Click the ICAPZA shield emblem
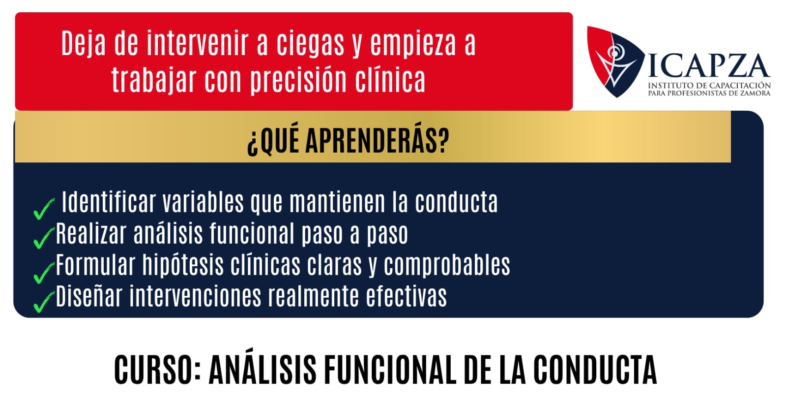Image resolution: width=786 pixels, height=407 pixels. pyautogui.click(x=615, y=62)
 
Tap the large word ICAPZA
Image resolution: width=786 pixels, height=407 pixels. pyautogui.click(x=709, y=65)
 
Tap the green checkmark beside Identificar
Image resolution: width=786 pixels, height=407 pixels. pyautogui.click(x=44, y=209)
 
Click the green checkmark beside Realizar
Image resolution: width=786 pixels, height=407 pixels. pyautogui.click(x=44, y=238)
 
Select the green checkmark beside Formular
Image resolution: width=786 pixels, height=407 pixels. pyautogui.click(x=44, y=273)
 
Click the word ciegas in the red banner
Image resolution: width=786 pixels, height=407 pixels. pyautogui.click(x=310, y=43)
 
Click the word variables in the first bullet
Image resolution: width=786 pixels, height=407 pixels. pyautogui.click(x=203, y=202)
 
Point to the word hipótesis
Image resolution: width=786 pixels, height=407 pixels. pyautogui.click(x=183, y=265)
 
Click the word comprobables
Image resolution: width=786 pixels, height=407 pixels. pyautogui.click(x=447, y=265)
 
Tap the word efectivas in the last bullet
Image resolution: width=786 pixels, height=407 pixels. pyautogui.click(x=407, y=296)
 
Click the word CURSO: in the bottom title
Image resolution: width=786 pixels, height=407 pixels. pyautogui.click(x=158, y=370)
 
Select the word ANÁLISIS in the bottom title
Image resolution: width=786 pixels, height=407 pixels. pyautogui.click(x=262, y=367)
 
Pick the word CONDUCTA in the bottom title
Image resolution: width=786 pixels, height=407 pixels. pyautogui.click(x=595, y=370)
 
